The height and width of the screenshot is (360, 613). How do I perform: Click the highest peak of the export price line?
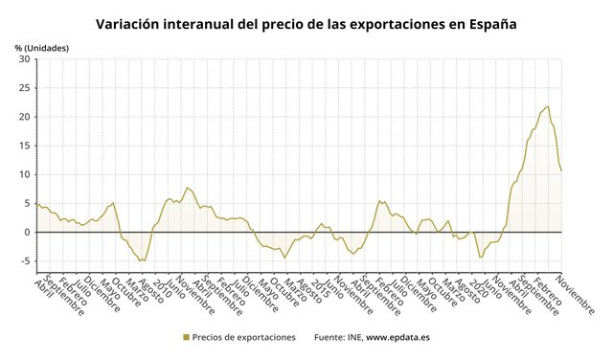pyautogui.click(x=548, y=106)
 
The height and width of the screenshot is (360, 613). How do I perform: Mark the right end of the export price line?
pyautogui.click(x=561, y=170)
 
